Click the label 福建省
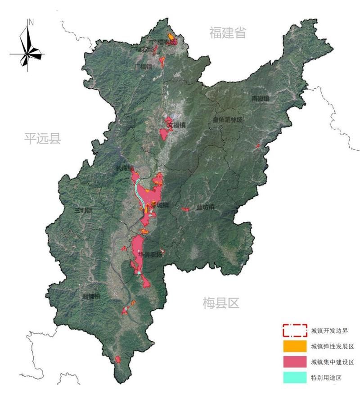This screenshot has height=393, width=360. coord(228,32)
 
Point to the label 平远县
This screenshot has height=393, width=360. coord(42,138)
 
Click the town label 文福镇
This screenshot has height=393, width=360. coord(176,125)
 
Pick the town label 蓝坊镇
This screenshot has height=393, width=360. coord(205,208)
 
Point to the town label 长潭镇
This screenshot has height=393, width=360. coord(125,168)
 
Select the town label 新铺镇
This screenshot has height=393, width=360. coord(91,296)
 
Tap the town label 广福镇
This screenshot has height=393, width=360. coord(143,67)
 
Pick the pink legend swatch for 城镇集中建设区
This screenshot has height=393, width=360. coord(295,362)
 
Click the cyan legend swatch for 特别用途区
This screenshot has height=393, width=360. coord(295,377)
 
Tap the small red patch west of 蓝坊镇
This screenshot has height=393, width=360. coord(185,209)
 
